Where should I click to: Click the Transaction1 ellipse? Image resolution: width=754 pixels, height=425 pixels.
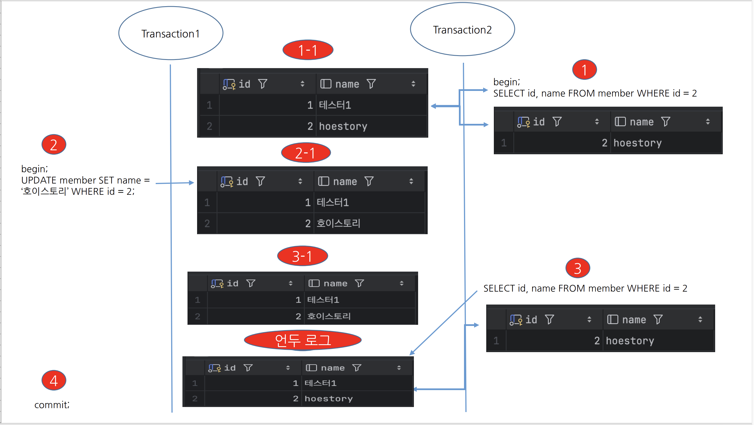tap(171, 33)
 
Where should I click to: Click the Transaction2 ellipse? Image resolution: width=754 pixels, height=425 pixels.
tap(463, 29)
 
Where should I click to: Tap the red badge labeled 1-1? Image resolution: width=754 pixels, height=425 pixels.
tap(308, 50)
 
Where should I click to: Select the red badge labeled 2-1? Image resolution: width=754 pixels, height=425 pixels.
tap(306, 153)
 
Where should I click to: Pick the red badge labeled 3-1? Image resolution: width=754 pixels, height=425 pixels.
tap(302, 256)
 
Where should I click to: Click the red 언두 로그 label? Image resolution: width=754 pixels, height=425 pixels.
tap(303, 340)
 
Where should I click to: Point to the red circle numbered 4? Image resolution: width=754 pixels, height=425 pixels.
tap(54, 381)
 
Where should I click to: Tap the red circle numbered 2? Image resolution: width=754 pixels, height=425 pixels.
tap(54, 145)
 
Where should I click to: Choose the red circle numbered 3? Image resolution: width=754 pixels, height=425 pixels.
tap(577, 268)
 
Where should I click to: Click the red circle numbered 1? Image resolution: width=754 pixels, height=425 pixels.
tap(584, 70)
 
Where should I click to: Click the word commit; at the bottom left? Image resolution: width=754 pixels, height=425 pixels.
tap(52, 405)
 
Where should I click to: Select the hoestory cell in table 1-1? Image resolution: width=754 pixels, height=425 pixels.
tap(343, 126)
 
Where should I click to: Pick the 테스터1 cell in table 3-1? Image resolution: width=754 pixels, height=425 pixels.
tap(323, 300)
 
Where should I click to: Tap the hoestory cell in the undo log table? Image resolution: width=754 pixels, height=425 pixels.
tap(328, 399)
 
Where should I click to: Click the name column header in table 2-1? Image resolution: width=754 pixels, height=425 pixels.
tap(345, 182)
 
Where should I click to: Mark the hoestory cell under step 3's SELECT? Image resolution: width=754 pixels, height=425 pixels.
tap(630, 341)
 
